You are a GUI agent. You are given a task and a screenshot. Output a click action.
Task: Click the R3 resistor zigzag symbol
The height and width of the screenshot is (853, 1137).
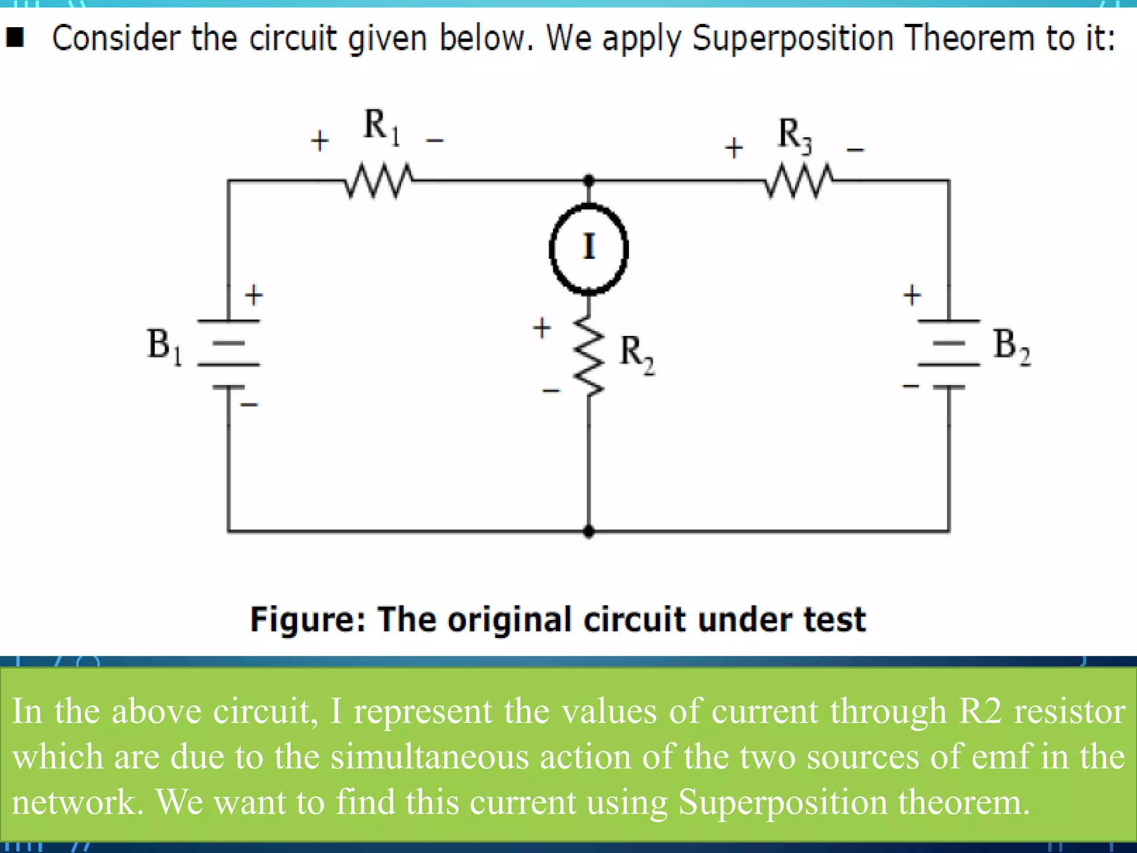798,180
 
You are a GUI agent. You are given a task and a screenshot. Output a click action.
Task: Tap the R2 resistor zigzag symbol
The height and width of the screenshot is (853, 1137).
589,356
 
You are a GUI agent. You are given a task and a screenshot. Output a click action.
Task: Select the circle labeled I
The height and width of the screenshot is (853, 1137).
589,248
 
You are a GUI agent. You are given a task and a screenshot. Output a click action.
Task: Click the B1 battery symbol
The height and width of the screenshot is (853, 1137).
229,353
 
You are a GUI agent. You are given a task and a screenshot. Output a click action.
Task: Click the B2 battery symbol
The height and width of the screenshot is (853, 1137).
949,353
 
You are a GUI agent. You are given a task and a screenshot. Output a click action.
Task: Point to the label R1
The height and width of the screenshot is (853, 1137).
381,127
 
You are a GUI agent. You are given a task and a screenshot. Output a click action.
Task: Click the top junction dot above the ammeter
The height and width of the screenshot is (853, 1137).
589,180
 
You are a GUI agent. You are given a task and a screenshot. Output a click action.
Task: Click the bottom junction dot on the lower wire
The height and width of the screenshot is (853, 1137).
589,531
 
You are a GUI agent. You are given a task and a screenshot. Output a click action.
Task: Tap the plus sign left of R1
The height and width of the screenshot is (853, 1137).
319,141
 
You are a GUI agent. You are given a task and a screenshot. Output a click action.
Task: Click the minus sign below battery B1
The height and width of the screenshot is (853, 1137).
249,404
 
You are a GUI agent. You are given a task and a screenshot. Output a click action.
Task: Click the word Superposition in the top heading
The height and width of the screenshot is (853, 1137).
793,39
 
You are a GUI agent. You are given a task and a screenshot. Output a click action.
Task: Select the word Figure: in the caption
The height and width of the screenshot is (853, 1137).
308,620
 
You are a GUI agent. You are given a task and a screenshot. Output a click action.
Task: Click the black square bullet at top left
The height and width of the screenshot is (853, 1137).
15,38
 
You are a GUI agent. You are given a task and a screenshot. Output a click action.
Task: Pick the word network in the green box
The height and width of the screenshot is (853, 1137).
77,802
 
